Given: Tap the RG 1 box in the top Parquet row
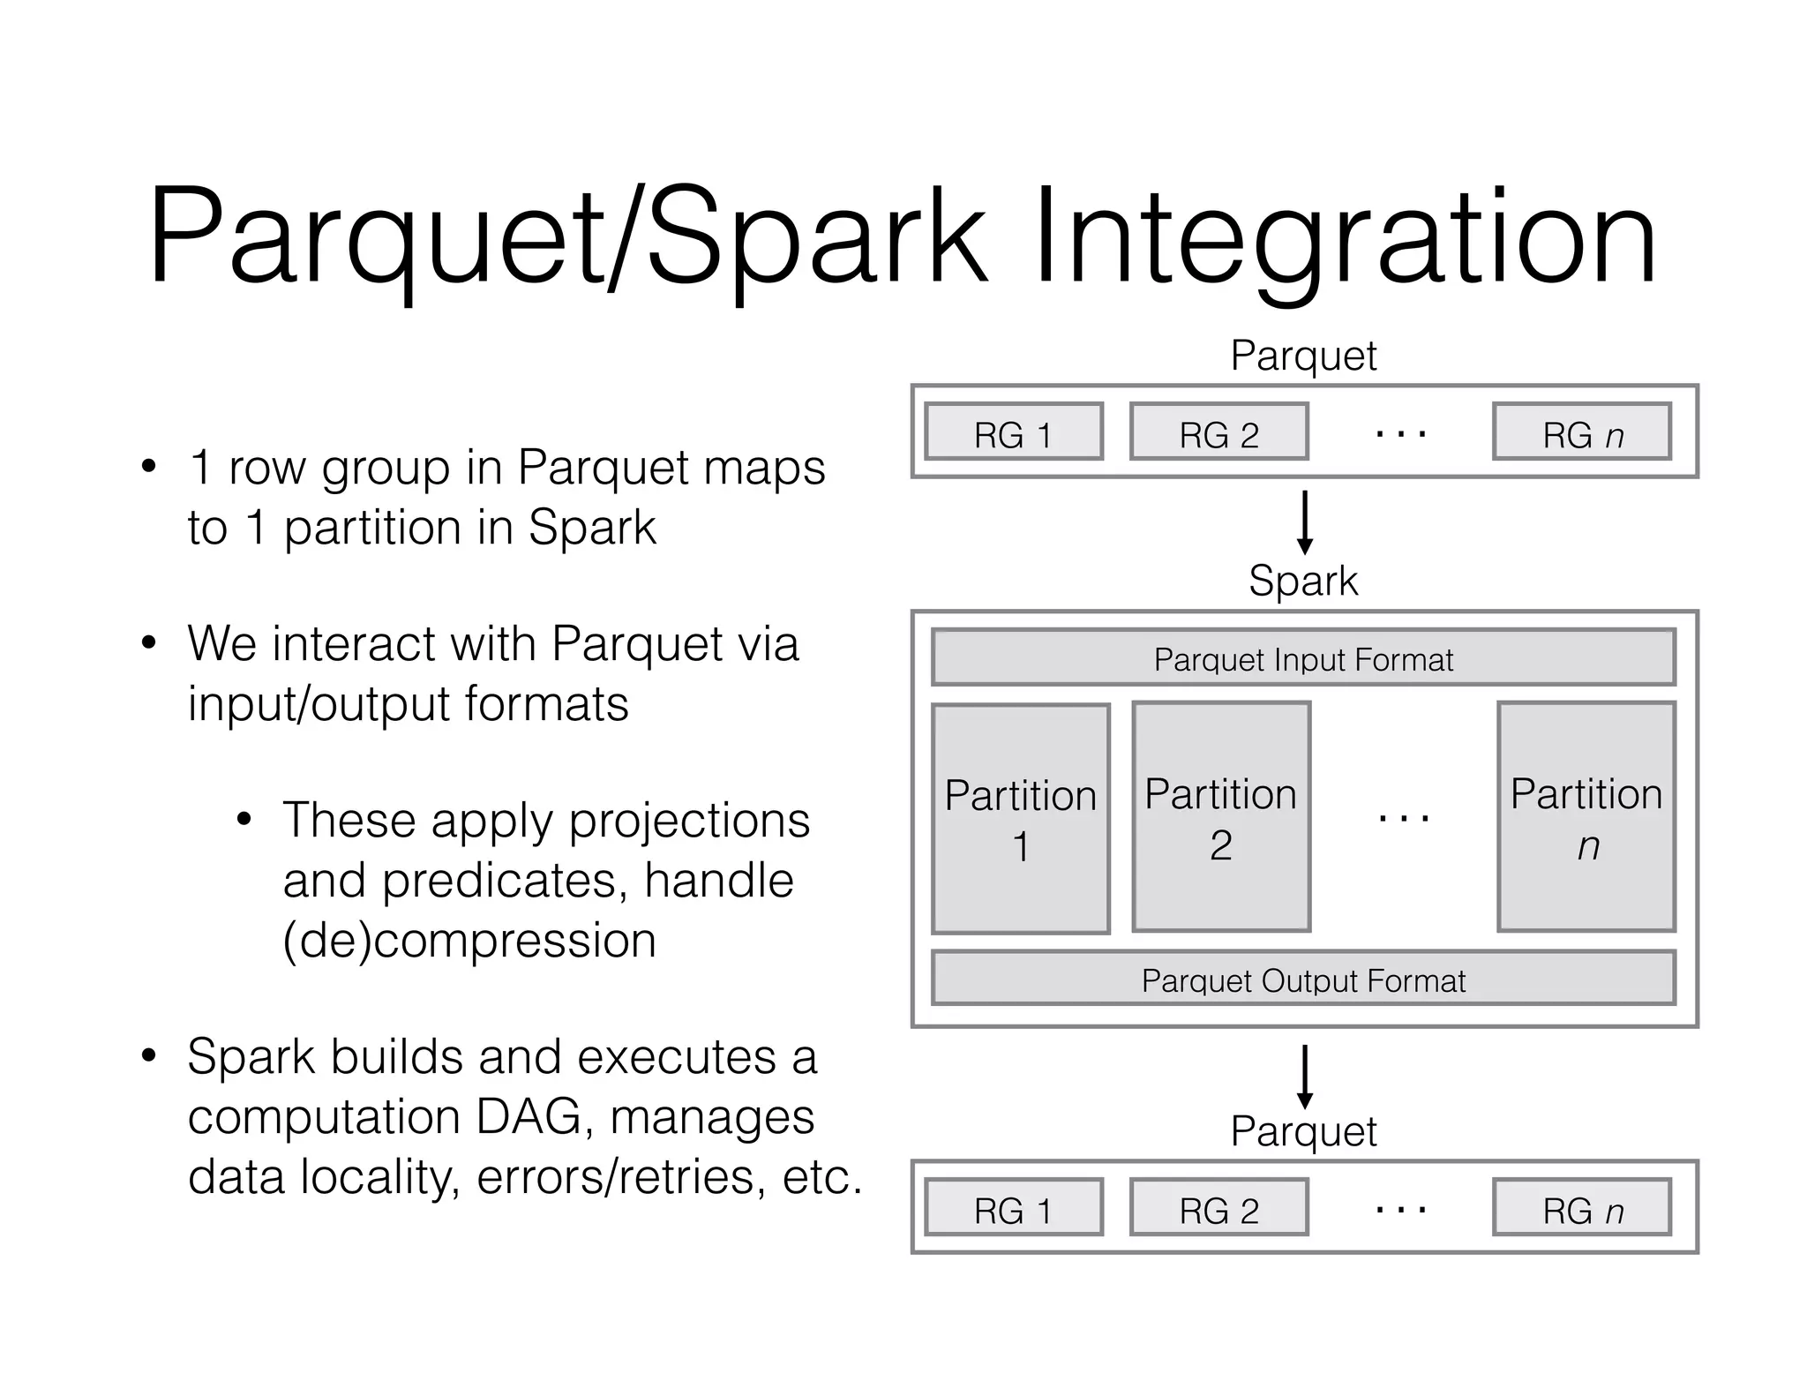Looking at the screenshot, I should tap(1014, 432).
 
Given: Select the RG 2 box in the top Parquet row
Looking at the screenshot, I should tap(1219, 432).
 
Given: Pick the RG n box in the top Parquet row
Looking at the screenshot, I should tap(1582, 432).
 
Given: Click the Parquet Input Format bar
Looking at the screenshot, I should tap(1303, 657).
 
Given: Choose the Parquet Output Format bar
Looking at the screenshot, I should tap(1303, 978).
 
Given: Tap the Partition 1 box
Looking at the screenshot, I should tap(1021, 819).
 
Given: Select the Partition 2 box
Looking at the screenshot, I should tap(1221, 817).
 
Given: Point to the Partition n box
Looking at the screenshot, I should tap(1586, 817).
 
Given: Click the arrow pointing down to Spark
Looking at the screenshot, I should tap(1305, 522).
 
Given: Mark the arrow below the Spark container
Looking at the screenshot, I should tap(1305, 1077).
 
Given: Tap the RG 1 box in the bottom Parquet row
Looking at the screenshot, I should tap(1014, 1207).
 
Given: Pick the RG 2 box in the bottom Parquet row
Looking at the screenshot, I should tap(1219, 1207).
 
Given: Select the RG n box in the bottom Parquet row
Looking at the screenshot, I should tap(1582, 1207).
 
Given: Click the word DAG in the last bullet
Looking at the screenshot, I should tap(529, 1117).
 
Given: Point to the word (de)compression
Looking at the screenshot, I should tap(469, 941).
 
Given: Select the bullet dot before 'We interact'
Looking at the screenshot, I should tap(148, 643).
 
